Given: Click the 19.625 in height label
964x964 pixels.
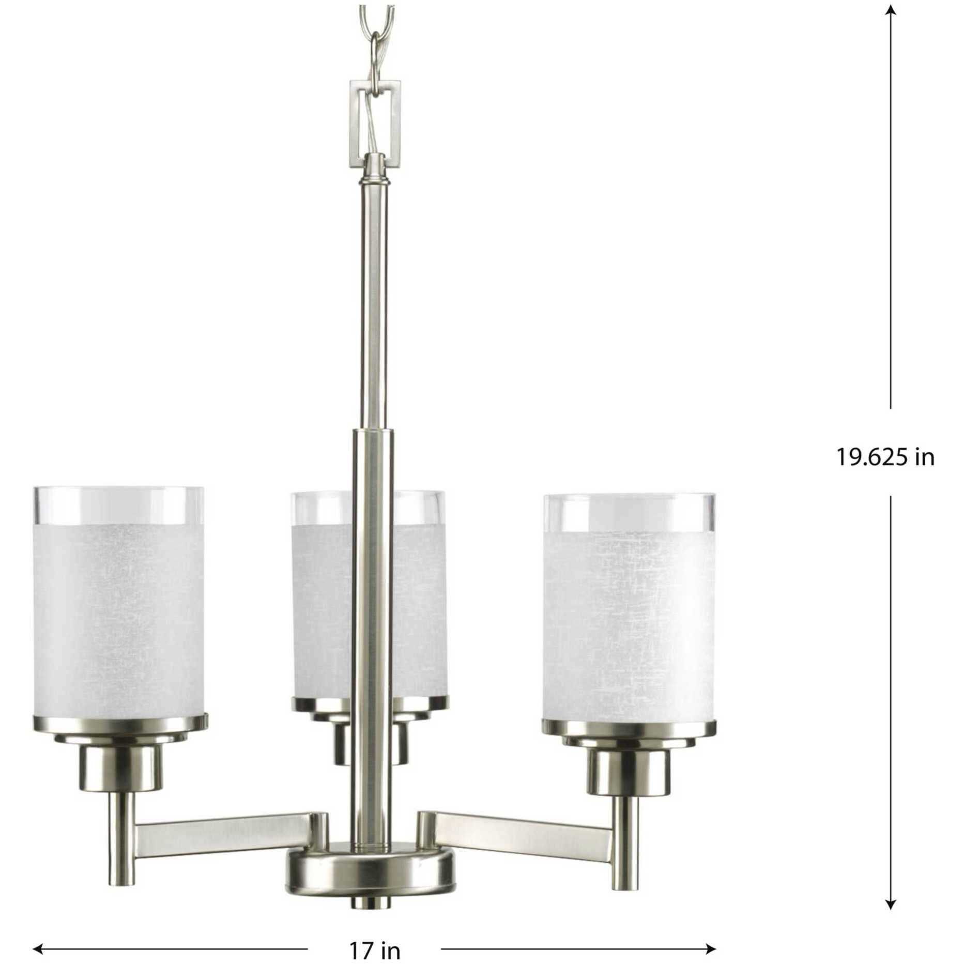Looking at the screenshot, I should point(885,457).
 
